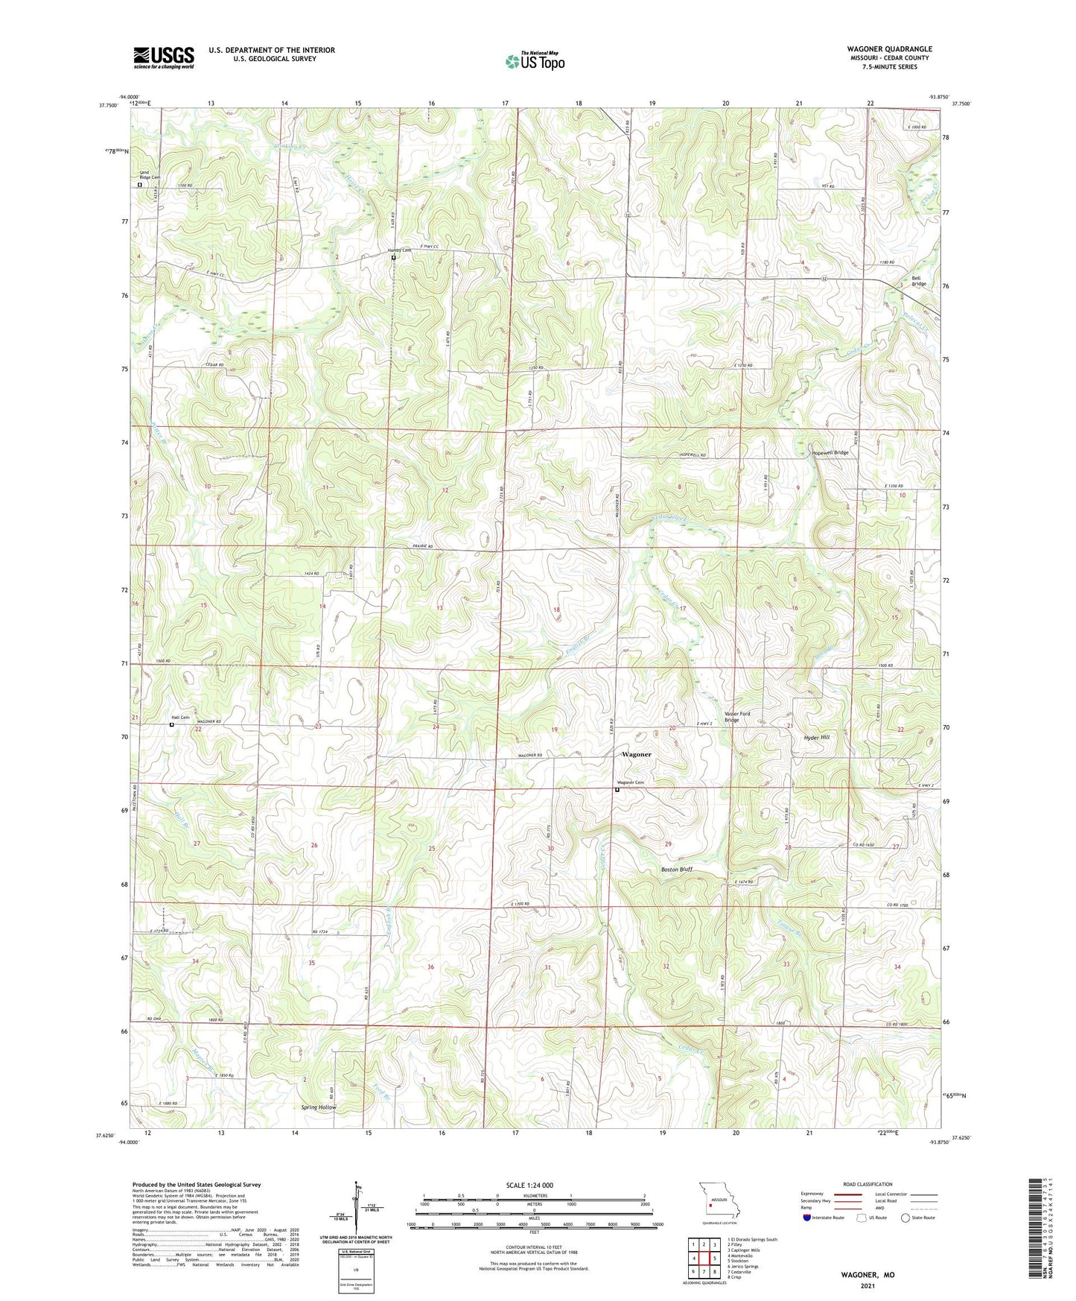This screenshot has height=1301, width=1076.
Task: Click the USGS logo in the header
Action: (x=163, y=57)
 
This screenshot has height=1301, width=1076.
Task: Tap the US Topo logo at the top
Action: (x=535, y=61)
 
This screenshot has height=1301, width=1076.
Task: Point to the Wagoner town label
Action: (x=636, y=754)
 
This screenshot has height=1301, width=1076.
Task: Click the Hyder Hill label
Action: (x=816, y=737)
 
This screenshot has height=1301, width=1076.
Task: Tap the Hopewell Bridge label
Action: (x=830, y=452)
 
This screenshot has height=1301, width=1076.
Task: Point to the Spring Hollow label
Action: (x=319, y=1107)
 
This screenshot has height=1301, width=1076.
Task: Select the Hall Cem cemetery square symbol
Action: (x=171, y=724)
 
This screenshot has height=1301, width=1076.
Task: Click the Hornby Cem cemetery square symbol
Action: (x=394, y=258)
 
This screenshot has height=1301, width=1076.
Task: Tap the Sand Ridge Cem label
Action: (x=150, y=175)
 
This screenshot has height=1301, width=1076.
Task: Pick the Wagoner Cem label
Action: (x=629, y=782)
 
